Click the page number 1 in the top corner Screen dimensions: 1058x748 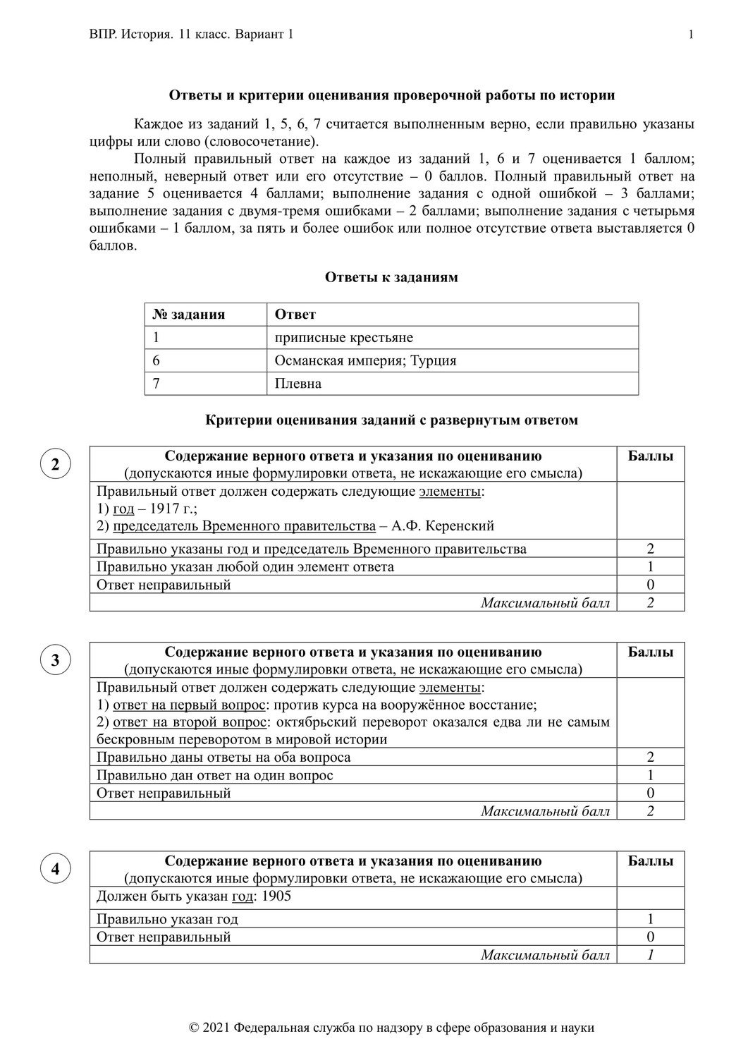point(691,35)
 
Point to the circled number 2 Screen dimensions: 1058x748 point(55,464)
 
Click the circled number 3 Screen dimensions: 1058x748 point(55,660)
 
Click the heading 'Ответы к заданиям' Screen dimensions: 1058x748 point(391,277)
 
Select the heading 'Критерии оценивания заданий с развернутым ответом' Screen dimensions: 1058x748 point(391,420)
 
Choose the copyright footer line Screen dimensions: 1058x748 point(391,1028)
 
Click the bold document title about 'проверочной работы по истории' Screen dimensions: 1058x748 point(391,95)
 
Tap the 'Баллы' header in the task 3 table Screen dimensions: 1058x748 point(650,652)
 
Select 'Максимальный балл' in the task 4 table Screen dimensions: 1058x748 point(545,955)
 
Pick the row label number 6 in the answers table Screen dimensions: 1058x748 point(157,360)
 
